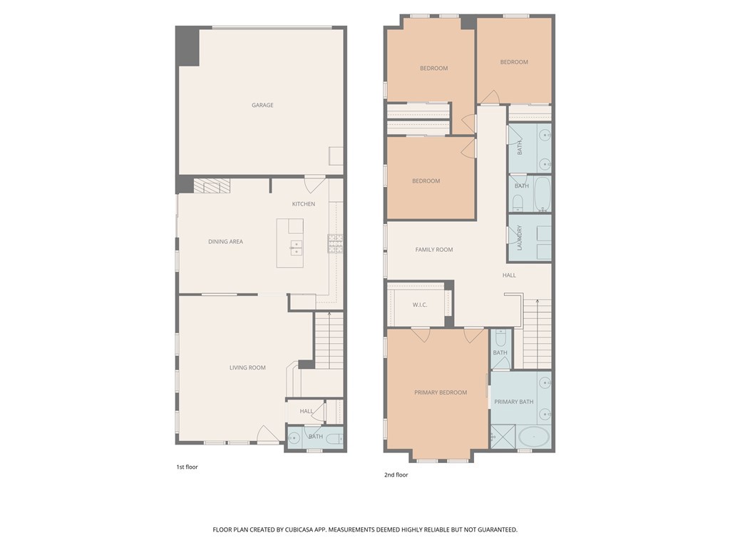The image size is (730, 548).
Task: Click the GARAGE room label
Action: point(262,105)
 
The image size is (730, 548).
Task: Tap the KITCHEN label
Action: point(303,204)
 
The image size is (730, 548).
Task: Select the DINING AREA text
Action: point(225,242)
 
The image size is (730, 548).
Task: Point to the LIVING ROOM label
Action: point(247,367)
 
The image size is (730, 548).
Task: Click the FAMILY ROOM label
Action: point(434,250)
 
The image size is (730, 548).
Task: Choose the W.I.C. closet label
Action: point(420,305)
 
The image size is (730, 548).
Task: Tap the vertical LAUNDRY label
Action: point(520,238)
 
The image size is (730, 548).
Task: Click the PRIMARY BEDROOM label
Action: point(441,392)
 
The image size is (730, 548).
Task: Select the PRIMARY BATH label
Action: point(514,402)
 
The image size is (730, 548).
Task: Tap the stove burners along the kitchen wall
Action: point(334,244)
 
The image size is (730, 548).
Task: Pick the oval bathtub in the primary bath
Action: point(533,436)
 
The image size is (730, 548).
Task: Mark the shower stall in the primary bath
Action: point(502,435)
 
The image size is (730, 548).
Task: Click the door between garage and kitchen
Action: point(314,183)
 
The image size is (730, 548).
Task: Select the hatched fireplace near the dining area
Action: point(212,186)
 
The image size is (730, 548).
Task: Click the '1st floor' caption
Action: point(187,467)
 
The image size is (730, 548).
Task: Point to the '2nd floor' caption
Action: point(396,475)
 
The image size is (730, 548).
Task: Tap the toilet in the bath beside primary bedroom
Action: point(500,340)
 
